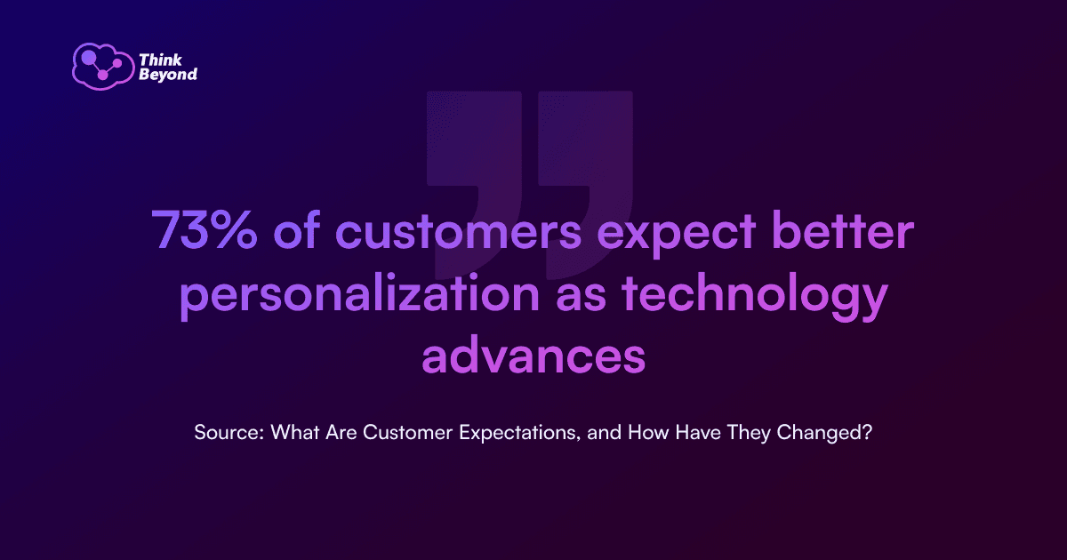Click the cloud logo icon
(x=103, y=66)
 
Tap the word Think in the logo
(x=161, y=60)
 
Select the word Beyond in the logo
(x=168, y=75)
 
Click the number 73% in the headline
(x=205, y=229)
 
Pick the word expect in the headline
(x=677, y=235)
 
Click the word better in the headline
(x=843, y=229)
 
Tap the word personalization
(x=359, y=295)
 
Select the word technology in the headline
(x=755, y=295)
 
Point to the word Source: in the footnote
(x=229, y=432)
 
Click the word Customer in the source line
(x=407, y=432)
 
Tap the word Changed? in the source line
(x=824, y=434)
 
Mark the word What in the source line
(x=295, y=432)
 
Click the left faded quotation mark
(x=475, y=185)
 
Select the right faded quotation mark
(x=585, y=185)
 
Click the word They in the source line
(x=749, y=434)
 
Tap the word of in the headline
(x=296, y=228)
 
